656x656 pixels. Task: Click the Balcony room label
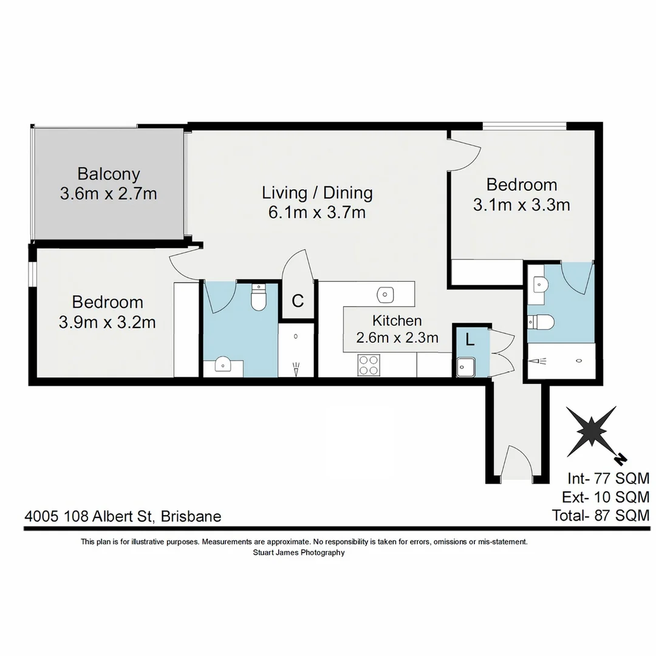click(109, 174)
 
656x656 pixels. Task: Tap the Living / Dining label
click(317, 193)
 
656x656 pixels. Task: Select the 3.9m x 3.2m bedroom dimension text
click(108, 323)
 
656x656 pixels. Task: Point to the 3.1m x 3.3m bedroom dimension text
click(521, 205)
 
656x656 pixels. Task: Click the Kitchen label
click(397, 320)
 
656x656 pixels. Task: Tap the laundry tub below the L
click(466, 367)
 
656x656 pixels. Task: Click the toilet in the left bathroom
click(259, 298)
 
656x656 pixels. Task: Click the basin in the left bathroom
click(223, 366)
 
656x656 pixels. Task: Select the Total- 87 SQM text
click(600, 516)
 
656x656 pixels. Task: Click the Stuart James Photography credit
click(298, 553)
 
